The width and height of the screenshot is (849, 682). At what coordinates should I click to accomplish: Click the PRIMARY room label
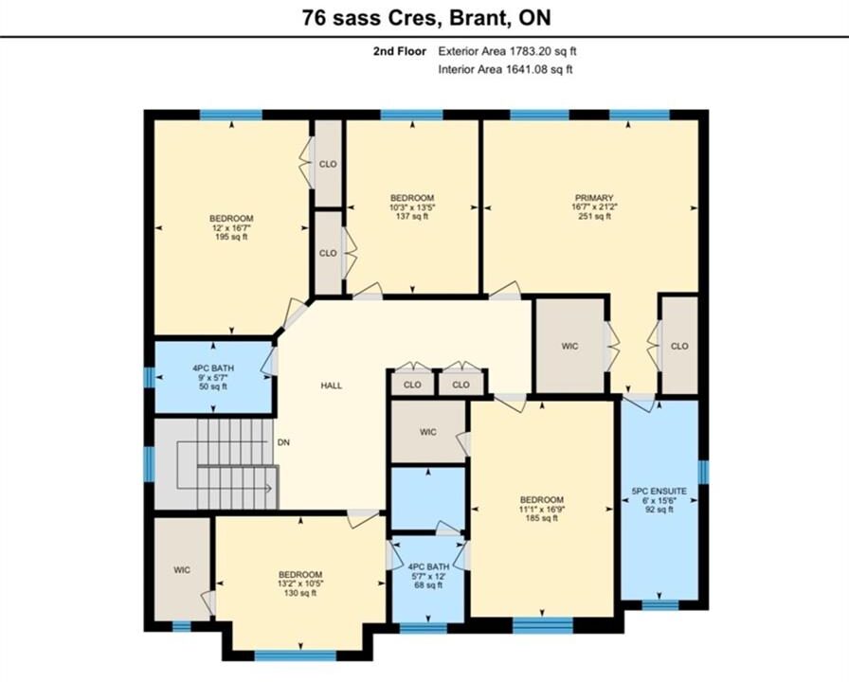594,198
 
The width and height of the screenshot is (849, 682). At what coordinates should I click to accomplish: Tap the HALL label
332,386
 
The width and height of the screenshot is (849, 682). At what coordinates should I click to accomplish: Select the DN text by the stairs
283,442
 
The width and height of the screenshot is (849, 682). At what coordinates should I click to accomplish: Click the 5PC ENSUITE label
659,492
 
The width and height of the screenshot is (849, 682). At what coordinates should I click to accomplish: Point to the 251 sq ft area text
594,217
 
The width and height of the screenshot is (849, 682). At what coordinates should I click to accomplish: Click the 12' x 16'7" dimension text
231,228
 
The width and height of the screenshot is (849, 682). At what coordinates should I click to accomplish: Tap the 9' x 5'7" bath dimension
213,378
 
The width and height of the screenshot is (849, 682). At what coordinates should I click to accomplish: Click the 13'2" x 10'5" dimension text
300,584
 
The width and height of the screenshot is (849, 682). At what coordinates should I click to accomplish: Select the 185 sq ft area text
541,518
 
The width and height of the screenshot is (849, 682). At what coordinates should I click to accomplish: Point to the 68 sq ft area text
427,585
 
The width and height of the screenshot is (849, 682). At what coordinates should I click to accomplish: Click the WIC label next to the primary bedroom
569,347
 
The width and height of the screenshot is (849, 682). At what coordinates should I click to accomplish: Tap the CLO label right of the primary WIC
679,347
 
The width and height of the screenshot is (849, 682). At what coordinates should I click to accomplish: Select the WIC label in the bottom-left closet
182,570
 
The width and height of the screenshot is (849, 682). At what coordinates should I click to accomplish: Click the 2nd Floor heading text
400,51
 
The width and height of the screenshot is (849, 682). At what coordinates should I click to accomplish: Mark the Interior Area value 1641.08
526,69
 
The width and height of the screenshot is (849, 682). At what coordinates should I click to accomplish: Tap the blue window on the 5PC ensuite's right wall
703,472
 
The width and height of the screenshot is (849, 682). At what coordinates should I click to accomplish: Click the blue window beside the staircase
150,463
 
